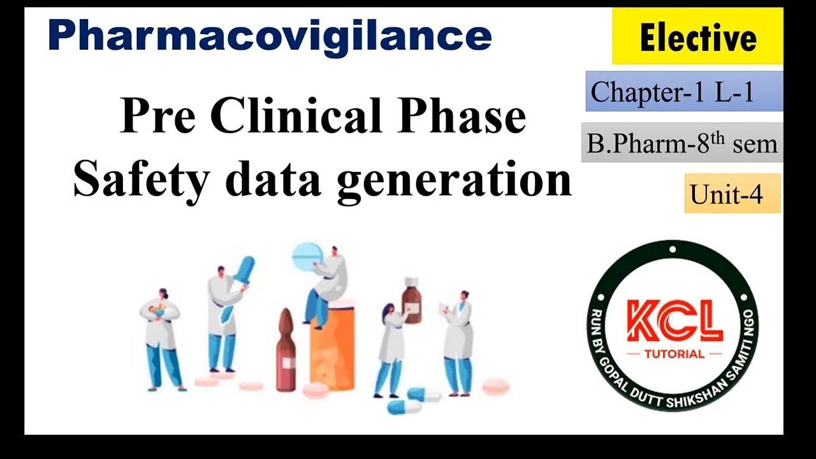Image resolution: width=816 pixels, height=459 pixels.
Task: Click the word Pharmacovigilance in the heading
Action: [x=270, y=36]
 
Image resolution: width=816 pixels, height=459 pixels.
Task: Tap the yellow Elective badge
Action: [x=697, y=37]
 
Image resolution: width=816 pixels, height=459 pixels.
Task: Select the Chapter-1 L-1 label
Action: [x=684, y=92]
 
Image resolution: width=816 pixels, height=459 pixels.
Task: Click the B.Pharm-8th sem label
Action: [x=682, y=143]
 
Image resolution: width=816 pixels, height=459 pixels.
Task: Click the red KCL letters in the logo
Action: [x=674, y=323]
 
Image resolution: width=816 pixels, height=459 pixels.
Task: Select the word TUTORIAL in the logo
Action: [x=674, y=354]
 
